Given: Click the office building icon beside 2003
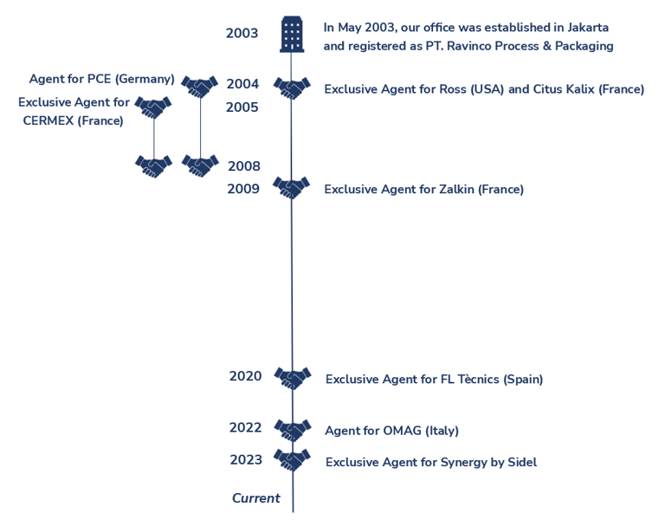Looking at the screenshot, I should (292, 35).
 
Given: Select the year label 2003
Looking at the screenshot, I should (242, 34).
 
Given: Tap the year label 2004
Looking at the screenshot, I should (242, 84).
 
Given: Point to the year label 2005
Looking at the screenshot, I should (242, 107).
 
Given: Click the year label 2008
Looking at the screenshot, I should (244, 166).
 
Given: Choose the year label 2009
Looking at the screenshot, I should (243, 189).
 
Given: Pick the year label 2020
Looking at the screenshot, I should (245, 376).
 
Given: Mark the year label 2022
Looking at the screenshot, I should (245, 427).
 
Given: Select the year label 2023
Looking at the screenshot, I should (246, 460).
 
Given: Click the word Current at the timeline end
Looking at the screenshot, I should (255, 498).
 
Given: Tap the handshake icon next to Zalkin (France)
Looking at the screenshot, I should (291, 187).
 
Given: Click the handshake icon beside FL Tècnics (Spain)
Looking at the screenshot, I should (293, 377).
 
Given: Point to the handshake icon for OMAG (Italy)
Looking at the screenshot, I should (293, 429).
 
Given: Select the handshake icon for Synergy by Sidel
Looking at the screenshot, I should (293, 459).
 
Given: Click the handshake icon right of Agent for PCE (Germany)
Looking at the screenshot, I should (200, 86).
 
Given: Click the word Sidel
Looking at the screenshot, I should (520, 463).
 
